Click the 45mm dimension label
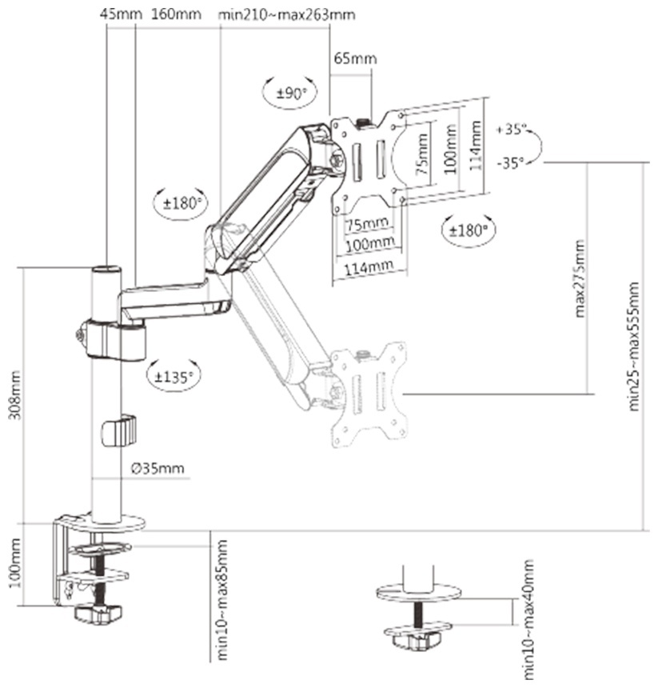click(121, 14)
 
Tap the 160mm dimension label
click(176, 14)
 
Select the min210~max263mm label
click(287, 14)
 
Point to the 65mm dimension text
click(355, 58)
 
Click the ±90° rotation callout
click(290, 93)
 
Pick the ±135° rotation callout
click(174, 376)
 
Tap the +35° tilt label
click(511, 130)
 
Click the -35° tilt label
click(511, 163)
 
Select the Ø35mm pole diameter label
click(158, 468)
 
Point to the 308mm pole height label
click(15, 395)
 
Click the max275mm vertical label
click(579, 278)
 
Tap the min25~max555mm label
click(633, 346)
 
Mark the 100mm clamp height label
click(15, 563)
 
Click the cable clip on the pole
click(119, 430)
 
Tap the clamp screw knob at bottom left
click(98, 614)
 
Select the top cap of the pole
click(106, 269)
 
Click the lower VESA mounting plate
click(369, 394)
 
